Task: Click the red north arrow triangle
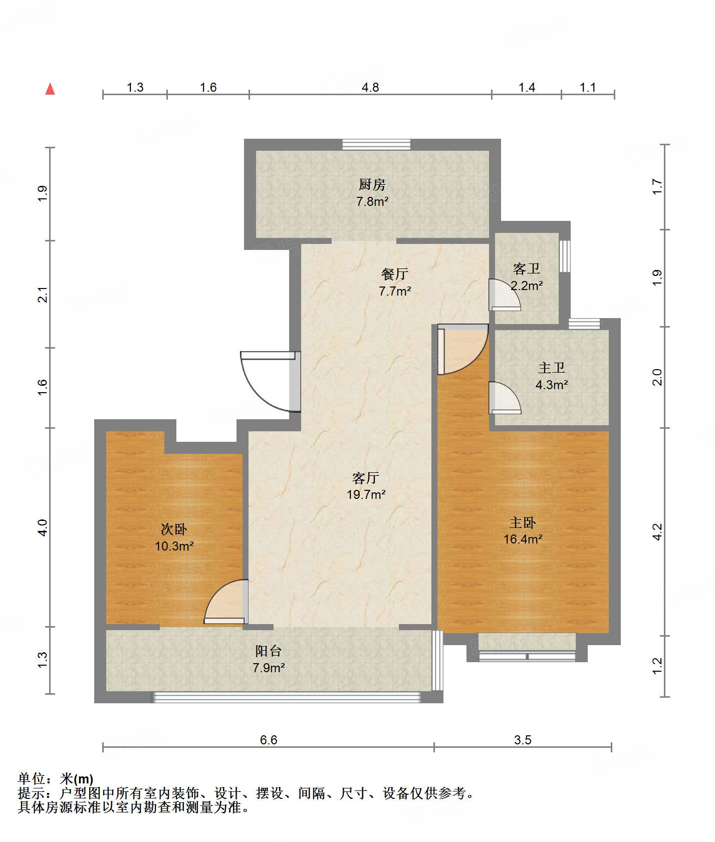[x=50, y=89]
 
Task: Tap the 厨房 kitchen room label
[x=372, y=185]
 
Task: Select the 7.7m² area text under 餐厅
[x=395, y=291]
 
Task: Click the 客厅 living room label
[x=366, y=478]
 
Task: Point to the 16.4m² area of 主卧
[x=523, y=539]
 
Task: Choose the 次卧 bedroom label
[x=174, y=529]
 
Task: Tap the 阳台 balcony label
[x=269, y=651]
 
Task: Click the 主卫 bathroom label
[x=552, y=368]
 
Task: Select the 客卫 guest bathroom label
[x=527, y=269]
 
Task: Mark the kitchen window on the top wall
[x=376, y=144]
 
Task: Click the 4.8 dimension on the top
[x=370, y=87]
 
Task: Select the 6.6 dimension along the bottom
[x=269, y=740]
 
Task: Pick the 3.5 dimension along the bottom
[x=523, y=740]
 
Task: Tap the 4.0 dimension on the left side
[x=43, y=527]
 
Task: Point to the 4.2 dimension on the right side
[x=657, y=531]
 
